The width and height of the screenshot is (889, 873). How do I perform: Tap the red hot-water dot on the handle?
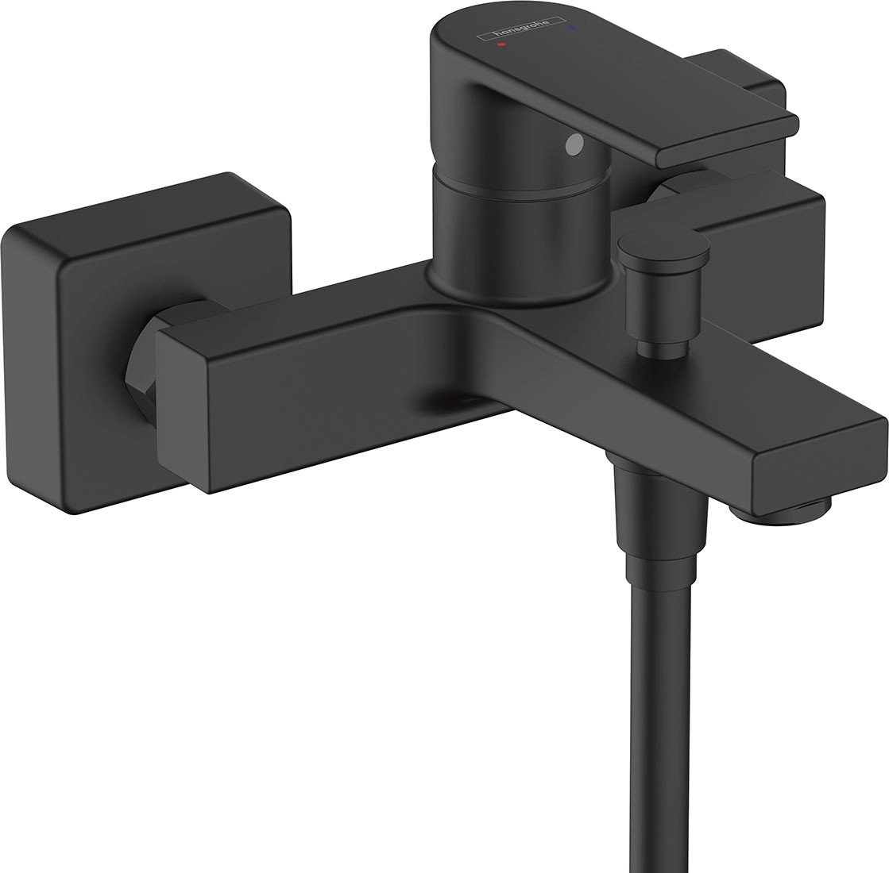[500, 46]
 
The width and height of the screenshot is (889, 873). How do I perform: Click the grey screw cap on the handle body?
[571, 144]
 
